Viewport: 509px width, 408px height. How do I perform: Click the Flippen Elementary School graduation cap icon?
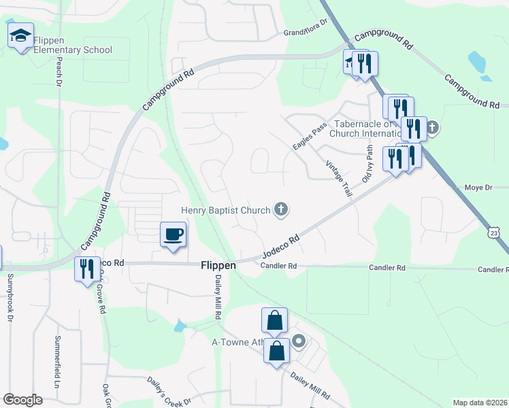20,35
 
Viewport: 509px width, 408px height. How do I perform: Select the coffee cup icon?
173,235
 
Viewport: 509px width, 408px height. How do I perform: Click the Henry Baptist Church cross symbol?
280,209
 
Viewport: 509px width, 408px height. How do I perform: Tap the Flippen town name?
218,266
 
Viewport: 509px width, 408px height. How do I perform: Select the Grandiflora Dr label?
306,33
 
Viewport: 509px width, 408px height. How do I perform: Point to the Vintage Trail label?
338,179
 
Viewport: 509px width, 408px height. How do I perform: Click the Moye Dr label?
477,186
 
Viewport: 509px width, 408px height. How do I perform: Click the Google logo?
23,400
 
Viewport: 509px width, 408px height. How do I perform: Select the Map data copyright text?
480,403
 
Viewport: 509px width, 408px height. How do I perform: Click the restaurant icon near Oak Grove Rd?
86,269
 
